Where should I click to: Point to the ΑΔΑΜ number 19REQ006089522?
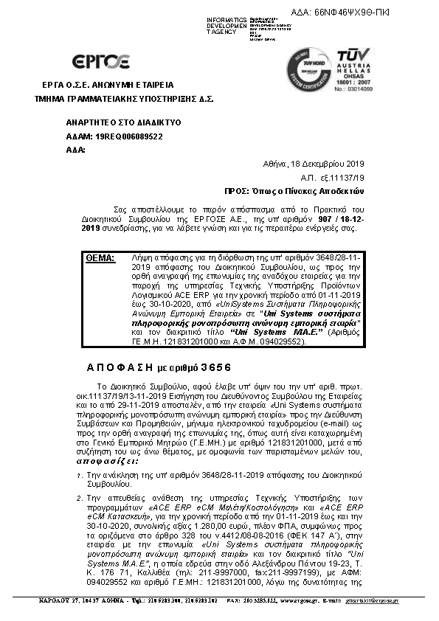(x=119, y=136)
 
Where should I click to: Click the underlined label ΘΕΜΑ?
(x=100, y=258)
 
